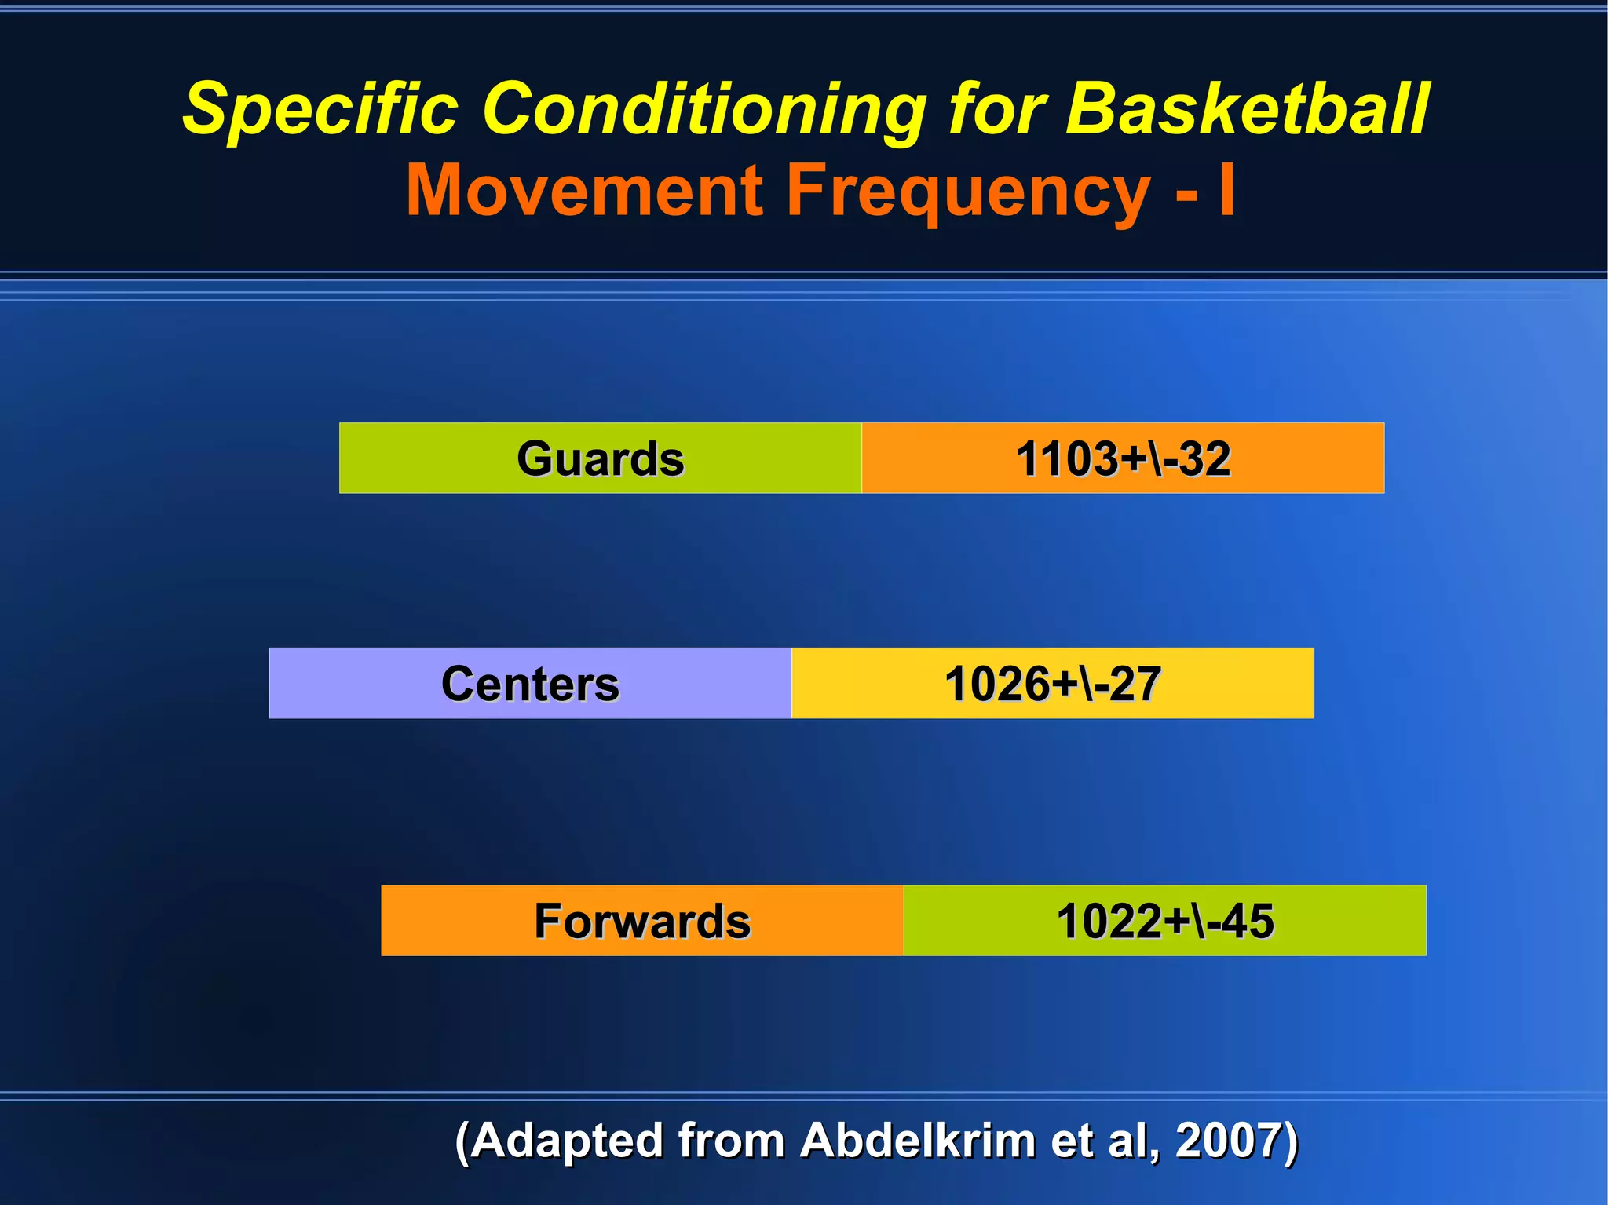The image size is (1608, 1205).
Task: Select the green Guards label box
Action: tap(600, 458)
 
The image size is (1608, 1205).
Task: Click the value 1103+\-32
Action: tap(1123, 458)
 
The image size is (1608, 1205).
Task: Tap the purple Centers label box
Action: tap(530, 684)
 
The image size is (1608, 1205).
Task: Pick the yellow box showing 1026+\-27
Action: tap(1052, 684)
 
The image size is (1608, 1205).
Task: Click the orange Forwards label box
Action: tap(642, 921)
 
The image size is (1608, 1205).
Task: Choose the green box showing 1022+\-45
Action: tap(1164, 921)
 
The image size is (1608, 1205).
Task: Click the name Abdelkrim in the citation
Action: tap(917, 1140)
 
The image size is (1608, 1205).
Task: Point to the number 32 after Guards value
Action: tap(1204, 458)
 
